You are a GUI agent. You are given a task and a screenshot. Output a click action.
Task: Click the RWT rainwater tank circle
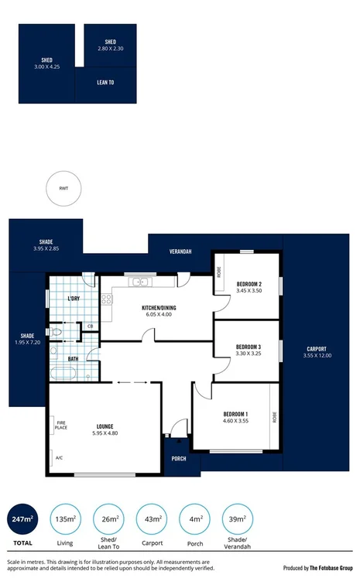pos(63,188)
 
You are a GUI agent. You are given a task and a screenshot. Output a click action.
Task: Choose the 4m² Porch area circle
pos(196,518)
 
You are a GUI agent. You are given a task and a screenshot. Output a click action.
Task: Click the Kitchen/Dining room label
pos(159,308)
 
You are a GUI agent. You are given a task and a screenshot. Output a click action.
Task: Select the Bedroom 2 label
pos(248,283)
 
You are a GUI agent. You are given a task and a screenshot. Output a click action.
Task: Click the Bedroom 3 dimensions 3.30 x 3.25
pos(248,354)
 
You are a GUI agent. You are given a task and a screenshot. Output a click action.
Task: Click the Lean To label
pos(105,82)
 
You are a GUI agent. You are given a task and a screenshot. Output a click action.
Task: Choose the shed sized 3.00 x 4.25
pos(46,63)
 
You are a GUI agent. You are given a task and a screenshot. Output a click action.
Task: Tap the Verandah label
pos(180,251)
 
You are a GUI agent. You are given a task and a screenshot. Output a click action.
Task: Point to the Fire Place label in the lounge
pos(60,425)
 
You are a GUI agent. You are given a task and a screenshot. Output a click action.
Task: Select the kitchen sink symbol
pos(141,282)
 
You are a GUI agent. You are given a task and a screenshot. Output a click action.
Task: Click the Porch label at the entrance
pos(179,458)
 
